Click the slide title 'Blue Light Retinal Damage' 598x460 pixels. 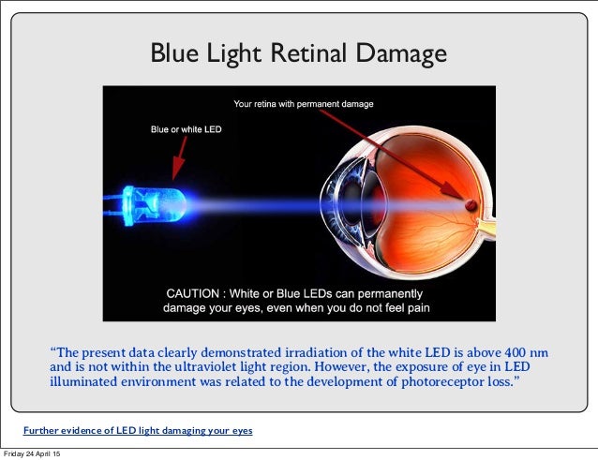pos(299,55)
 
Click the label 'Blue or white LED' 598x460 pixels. pos(187,129)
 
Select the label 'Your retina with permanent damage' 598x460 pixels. pos(303,104)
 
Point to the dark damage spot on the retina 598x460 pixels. pos(471,203)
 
